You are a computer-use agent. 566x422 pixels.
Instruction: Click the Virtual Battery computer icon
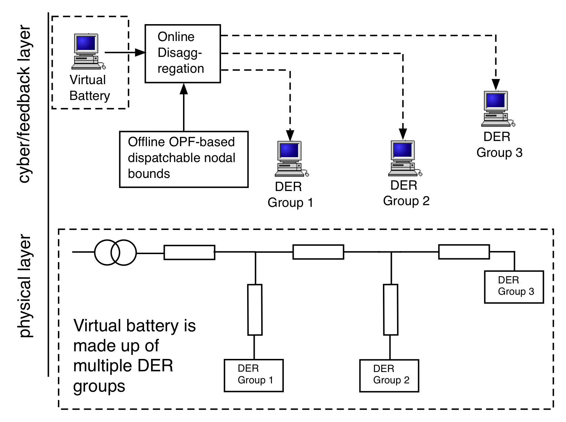click(87, 51)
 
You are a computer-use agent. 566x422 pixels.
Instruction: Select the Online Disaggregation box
click(183, 53)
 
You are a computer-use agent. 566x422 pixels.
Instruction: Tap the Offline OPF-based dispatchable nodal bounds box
click(184, 159)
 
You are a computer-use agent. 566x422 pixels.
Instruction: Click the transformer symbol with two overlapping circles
click(115, 252)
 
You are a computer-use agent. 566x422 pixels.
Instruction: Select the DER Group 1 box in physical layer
click(254, 375)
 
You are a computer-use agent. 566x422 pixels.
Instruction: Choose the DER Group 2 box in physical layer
click(389, 375)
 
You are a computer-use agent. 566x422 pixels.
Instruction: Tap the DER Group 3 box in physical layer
click(514, 287)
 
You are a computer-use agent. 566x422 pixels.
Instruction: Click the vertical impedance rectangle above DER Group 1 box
click(255, 309)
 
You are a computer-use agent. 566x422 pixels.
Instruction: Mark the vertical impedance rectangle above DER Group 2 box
click(391, 309)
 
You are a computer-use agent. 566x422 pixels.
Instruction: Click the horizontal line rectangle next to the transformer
click(189, 252)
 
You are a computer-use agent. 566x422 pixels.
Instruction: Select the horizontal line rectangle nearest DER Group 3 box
click(464, 252)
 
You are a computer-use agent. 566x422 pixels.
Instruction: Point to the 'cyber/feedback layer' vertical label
click(25, 103)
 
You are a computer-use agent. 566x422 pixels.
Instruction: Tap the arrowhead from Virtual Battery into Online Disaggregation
click(140, 52)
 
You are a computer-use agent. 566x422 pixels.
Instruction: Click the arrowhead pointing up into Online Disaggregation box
click(184, 89)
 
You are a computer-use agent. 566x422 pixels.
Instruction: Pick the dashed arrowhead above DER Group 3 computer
click(496, 84)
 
